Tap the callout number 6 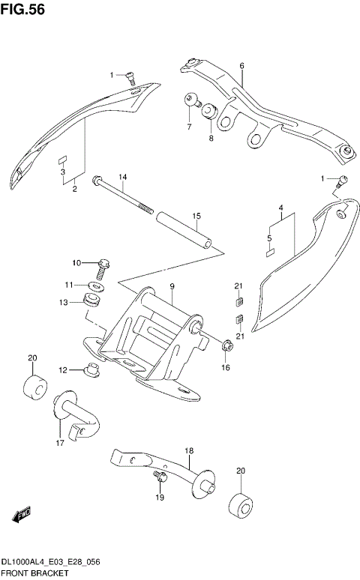[242, 67]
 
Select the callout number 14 [123, 177]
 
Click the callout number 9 [172, 286]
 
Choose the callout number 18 [189, 451]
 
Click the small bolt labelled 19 [159, 476]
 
